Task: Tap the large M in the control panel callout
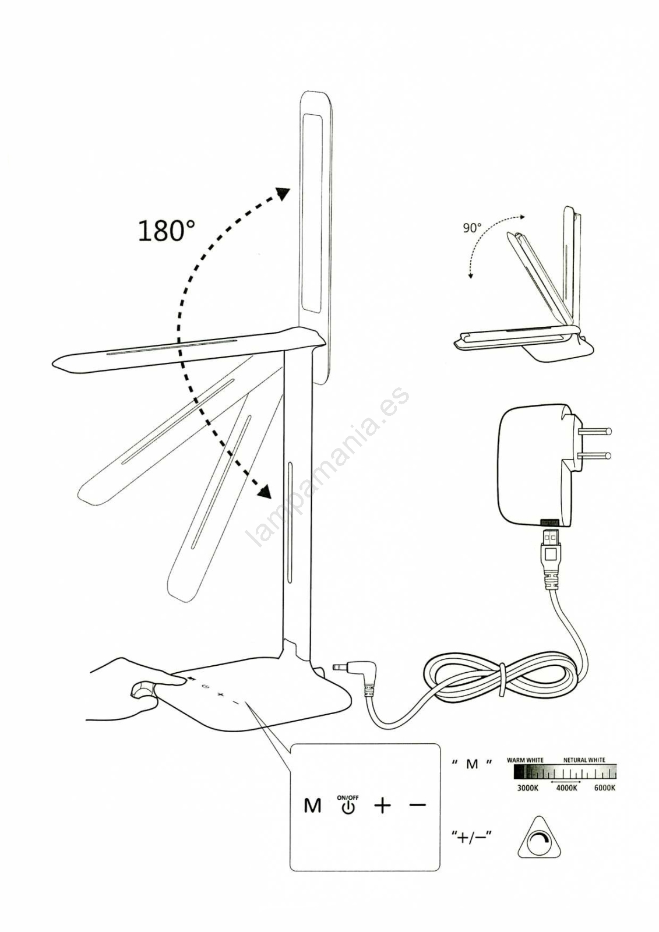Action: click(x=312, y=806)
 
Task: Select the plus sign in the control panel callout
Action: click(x=383, y=806)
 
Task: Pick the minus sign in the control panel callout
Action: click(x=418, y=805)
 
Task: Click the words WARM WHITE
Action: click(x=525, y=760)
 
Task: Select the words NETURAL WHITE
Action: click(x=584, y=760)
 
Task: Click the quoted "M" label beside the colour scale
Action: click(x=471, y=764)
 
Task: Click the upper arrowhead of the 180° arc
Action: click(x=283, y=193)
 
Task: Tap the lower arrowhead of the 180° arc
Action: click(x=264, y=492)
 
